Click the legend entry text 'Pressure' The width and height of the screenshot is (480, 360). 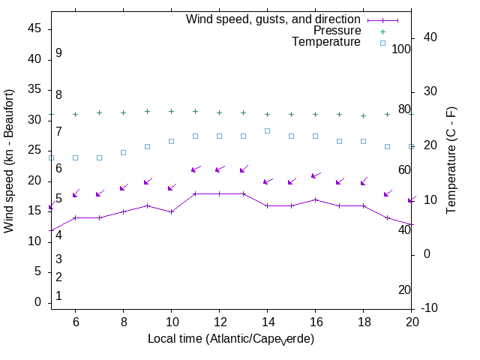(x=337, y=31)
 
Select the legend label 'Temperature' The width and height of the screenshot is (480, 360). (x=326, y=42)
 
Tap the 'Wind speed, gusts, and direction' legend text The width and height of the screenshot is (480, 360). (x=273, y=19)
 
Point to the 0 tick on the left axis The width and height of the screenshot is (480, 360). (x=37, y=302)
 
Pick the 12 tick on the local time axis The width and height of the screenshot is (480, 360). (x=219, y=321)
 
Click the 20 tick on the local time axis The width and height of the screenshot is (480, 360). (x=411, y=321)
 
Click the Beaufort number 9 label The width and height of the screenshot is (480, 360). (x=58, y=53)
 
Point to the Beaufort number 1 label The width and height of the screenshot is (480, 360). (x=58, y=296)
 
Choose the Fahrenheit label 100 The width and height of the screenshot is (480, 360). (x=401, y=49)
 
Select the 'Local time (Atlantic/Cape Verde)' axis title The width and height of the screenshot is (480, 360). (x=230, y=340)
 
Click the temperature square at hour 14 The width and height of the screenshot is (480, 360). (x=267, y=130)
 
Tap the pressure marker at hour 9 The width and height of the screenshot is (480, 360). (x=147, y=111)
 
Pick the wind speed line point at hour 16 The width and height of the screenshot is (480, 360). (x=315, y=199)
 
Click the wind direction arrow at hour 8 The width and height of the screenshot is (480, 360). (x=123, y=187)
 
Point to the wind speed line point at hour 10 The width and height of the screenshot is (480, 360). (x=171, y=211)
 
